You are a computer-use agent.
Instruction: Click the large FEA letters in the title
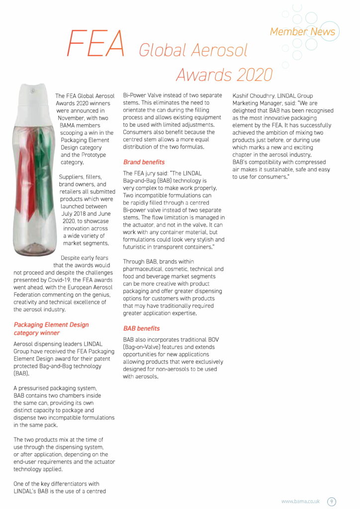pyautogui.click(x=95, y=43)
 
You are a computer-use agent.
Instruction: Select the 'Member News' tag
pyautogui.click(x=302, y=32)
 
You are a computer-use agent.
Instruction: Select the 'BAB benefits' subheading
pyautogui.click(x=141, y=329)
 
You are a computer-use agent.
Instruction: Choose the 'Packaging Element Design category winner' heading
pyautogui.click(x=51, y=329)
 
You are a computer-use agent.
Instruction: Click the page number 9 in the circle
pyautogui.click(x=332, y=502)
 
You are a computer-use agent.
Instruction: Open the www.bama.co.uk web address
pyautogui.click(x=300, y=502)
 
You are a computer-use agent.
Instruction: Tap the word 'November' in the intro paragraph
pyautogui.click(x=73, y=118)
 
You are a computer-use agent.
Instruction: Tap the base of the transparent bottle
pyautogui.click(x=35, y=251)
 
